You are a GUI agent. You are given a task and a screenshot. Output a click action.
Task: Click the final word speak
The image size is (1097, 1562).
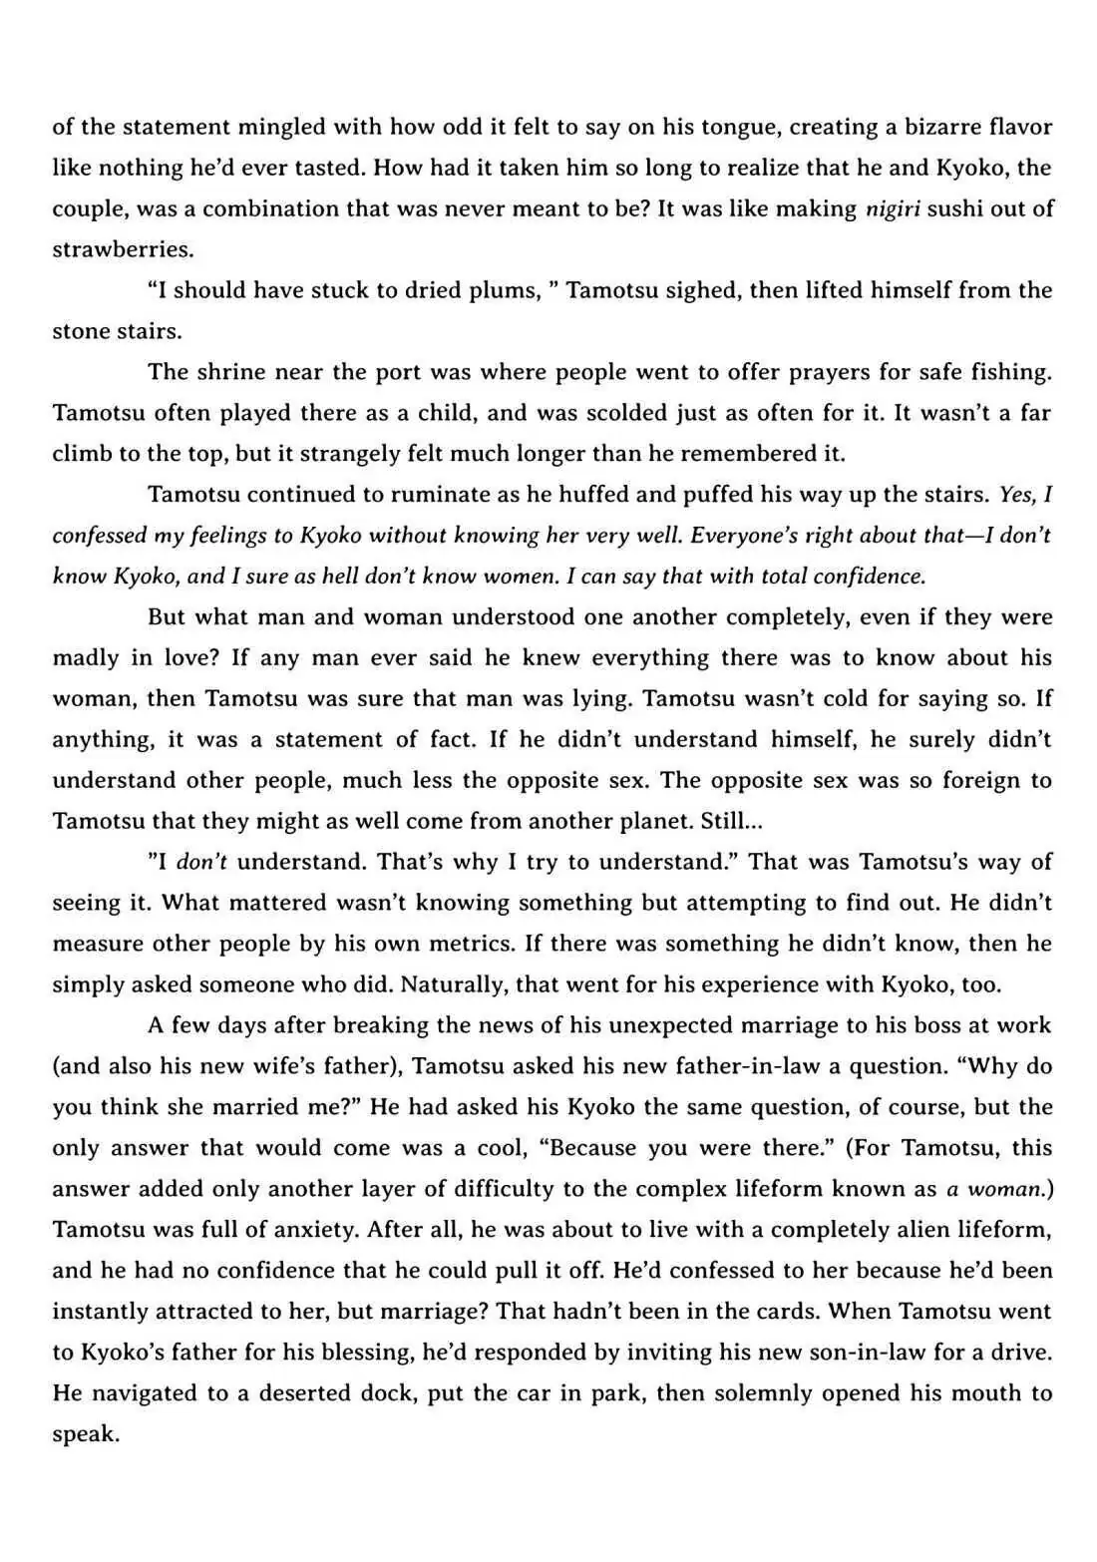(86, 1434)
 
